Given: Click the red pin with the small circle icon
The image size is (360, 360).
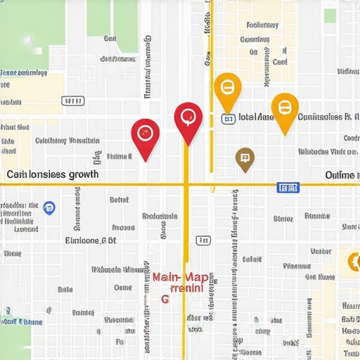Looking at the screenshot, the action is (x=145, y=134).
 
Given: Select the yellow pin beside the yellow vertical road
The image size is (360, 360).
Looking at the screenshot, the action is (x=227, y=89).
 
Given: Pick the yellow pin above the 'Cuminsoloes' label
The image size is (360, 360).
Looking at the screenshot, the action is (x=284, y=108).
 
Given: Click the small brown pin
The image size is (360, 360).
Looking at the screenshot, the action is (x=244, y=158).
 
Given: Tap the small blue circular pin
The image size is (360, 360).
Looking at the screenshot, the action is (x=49, y=207).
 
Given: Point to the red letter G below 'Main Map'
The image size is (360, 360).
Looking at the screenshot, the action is (x=165, y=299).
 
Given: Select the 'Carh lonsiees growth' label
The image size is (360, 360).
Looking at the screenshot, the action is (x=53, y=174).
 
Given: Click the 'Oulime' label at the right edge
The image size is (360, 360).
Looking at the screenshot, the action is (x=342, y=174).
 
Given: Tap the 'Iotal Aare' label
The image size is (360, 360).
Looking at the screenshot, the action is (x=256, y=117).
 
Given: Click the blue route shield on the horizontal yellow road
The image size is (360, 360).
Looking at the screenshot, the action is (x=288, y=187).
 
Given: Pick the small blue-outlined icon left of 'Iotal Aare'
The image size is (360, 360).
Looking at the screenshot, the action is (x=228, y=119).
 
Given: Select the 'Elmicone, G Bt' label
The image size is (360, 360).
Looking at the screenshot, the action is (x=91, y=240).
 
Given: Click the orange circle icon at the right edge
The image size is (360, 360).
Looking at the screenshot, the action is (x=351, y=262).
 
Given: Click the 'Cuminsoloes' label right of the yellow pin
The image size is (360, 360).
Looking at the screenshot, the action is (x=324, y=117).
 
